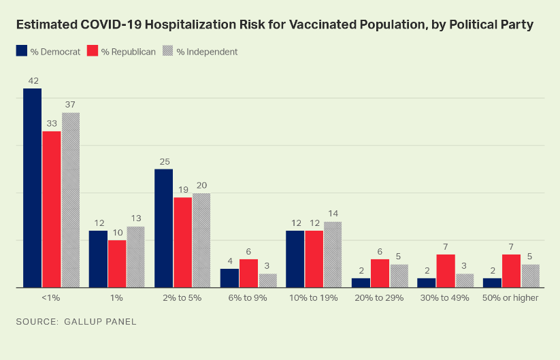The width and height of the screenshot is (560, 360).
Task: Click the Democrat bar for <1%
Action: click(32, 188)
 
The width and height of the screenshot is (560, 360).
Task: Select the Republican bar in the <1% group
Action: click(51, 209)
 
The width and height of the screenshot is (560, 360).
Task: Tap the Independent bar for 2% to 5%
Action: click(201, 240)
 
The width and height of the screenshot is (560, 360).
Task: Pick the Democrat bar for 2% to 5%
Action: click(163, 228)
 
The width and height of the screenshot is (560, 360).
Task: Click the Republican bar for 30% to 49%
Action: click(445, 271)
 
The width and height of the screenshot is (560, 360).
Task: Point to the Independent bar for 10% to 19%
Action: click(333, 255)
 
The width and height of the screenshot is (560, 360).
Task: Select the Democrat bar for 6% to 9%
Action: click(229, 278)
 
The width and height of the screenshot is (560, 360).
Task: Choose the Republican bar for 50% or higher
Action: click(511, 271)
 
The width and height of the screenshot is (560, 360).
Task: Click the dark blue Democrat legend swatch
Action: click(21, 51)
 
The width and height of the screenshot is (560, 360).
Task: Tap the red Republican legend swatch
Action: click(92, 51)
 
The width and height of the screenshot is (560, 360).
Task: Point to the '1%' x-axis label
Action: click(117, 298)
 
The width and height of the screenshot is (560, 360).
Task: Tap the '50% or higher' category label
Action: click(510, 298)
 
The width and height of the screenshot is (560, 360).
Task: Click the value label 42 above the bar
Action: click(33, 81)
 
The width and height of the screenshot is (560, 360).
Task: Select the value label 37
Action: click(71, 105)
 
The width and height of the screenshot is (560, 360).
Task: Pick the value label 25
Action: click(163, 161)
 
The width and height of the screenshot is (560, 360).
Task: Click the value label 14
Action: click(333, 214)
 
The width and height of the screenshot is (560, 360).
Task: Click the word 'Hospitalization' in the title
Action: click(184, 24)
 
